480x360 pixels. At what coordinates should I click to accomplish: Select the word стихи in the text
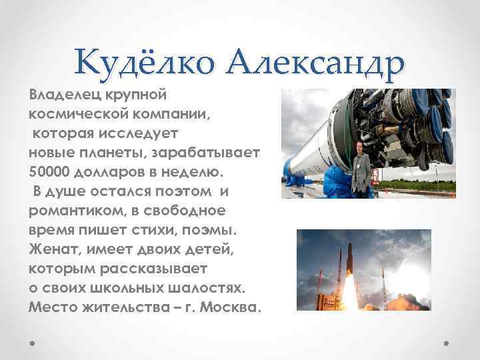164,230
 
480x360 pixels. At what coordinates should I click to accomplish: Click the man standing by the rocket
363,170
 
